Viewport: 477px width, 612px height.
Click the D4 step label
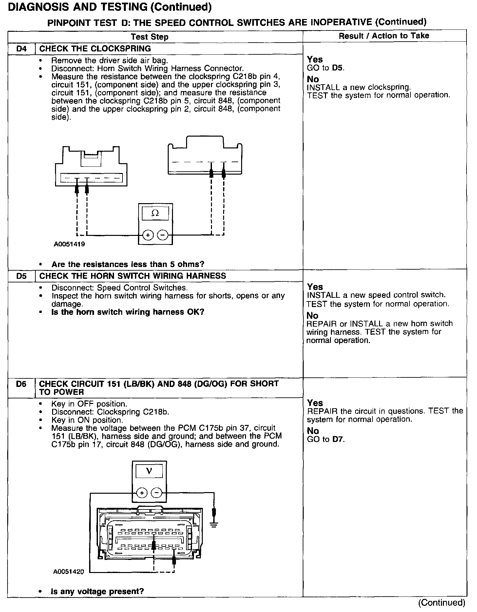(21, 49)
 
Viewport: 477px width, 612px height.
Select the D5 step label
(21, 276)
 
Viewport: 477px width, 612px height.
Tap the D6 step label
(21, 384)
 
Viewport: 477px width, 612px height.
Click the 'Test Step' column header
(149, 37)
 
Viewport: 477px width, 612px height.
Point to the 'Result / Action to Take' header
(384, 36)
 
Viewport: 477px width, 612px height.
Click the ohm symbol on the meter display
(155, 213)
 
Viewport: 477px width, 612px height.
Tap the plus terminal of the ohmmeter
(148, 235)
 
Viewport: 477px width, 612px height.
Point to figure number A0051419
(69, 244)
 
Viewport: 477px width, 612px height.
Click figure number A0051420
(68, 572)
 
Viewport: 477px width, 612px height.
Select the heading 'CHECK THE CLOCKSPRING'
(95, 49)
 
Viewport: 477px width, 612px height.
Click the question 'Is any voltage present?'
(97, 591)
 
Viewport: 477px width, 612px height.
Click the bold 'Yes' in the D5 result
(315, 287)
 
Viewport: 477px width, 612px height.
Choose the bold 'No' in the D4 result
(313, 79)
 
